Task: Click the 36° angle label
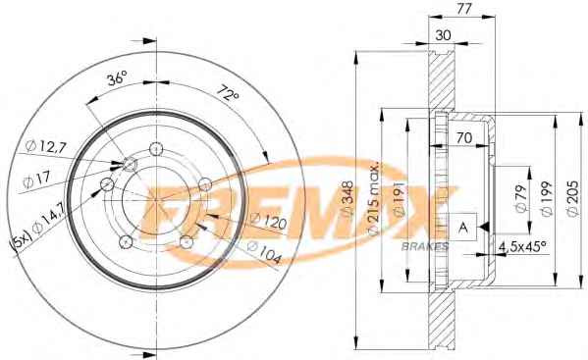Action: pyautogui.click(x=118, y=78)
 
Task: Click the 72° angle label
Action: pyautogui.click(x=228, y=93)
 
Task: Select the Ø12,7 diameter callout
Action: pyautogui.click(x=46, y=146)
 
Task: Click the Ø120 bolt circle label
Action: pyautogui.click(x=269, y=221)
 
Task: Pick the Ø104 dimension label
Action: pyautogui.click(x=264, y=253)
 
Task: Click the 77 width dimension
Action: pyautogui.click(x=463, y=9)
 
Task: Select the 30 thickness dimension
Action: pyautogui.click(x=443, y=35)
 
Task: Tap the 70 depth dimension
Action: pyautogui.click(x=464, y=137)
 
